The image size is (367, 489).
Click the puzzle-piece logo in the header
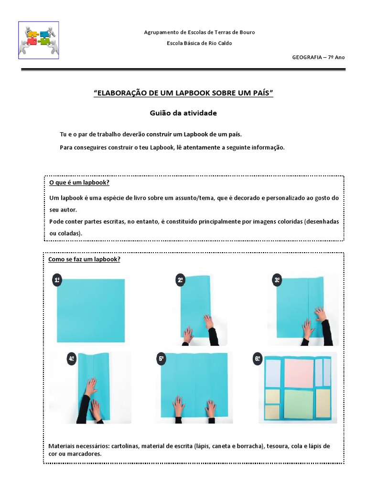pos(38,40)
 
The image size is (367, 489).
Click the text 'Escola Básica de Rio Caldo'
pos(199,43)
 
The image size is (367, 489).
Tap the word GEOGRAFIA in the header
pos(307,57)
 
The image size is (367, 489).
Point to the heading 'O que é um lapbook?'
pos(79,183)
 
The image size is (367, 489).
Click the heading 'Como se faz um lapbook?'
pos(84,259)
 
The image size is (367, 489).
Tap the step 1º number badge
pos(57,280)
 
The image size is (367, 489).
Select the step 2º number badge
pos(180,281)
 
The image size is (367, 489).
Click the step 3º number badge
pos(277,281)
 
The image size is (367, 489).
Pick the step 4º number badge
pos(71,359)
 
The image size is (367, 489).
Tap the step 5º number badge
pos(162,359)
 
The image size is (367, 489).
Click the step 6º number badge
pos(258,359)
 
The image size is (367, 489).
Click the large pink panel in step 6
pos(299,372)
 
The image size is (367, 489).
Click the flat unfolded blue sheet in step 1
pos(91,310)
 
